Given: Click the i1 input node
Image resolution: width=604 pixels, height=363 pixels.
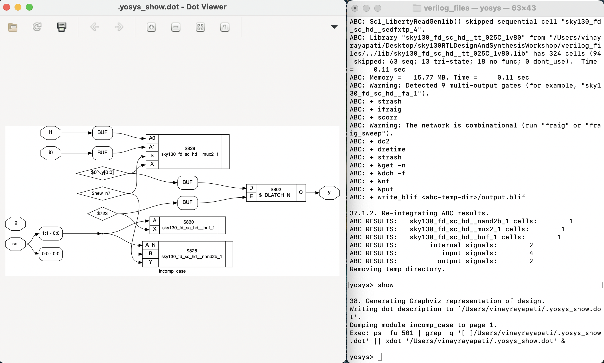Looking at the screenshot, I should pyautogui.click(x=51, y=133).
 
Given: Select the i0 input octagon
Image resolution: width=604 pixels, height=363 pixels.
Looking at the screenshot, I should pyautogui.click(x=51, y=153).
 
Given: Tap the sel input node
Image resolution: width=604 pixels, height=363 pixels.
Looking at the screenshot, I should pyautogui.click(x=15, y=244).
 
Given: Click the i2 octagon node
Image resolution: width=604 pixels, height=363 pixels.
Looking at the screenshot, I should pyautogui.click(x=15, y=223).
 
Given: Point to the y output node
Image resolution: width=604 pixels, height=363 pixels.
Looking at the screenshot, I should pyautogui.click(x=329, y=192).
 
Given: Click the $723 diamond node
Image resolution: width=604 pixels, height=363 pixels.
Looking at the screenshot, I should pyautogui.click(x=102, y=214).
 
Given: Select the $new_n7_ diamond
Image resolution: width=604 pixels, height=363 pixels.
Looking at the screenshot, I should pyautogui.click(x=102, y=193).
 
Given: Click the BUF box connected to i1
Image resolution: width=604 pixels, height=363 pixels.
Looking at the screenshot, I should pyautogui.click(x=102, y=133).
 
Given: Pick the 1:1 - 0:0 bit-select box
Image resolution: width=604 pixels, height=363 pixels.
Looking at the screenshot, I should pyautogui.click(x=51, y=233).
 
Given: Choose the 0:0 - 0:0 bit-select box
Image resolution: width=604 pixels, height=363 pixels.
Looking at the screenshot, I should pyautogui.click(x=51, y=254).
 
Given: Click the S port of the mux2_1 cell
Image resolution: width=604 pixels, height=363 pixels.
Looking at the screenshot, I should pyautogui.click(x=152, y=156).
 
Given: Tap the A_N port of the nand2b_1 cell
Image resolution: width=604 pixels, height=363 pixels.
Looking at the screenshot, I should pyautogui.click(x=151, y=245).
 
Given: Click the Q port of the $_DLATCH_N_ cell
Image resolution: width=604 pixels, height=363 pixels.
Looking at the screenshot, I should pyautogui.click(x=301, y=192).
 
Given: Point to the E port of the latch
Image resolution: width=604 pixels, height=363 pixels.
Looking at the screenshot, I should pyautogui.click(x=251, y=196).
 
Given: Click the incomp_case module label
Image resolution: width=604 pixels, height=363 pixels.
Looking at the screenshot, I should pyautogui.click(x=172, y=271).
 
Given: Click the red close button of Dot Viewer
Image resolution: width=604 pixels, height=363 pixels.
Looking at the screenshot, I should pyautogui.click(x=7, y=7).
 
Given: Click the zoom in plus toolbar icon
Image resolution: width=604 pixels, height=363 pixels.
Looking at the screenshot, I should pyautogui.click(x=151, y=27).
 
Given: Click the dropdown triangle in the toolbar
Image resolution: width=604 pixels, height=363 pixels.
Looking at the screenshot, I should pyautogui.click(x=334, y=27).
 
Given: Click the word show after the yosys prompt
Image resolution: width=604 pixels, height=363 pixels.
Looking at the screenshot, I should pyautogui.click(x=385, y=285).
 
